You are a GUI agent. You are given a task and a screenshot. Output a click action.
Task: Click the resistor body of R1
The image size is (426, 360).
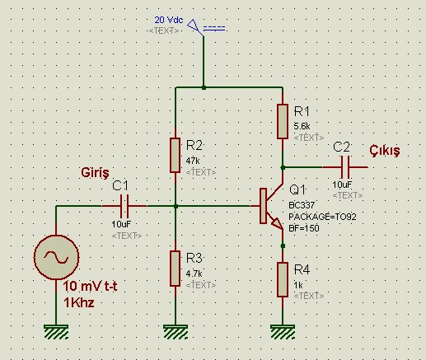click(x=283, y=121)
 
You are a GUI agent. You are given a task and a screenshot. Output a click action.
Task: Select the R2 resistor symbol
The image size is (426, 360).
click(x=176, y=155)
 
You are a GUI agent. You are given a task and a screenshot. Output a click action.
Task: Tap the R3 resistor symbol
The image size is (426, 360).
click(x=176, y=269)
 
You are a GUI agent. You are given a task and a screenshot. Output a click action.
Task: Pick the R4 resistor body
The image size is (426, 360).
click(x=283, y=279)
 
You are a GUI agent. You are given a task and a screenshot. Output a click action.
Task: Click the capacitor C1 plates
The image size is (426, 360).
click(x=124, y=206)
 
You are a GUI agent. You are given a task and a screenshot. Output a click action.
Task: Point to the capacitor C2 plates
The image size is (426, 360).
click(x=345, y=167)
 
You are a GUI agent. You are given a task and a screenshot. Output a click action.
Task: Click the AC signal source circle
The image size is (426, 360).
click(x=56, y=257)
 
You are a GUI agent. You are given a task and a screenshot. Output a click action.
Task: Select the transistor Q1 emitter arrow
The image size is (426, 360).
click(x=277, y=223)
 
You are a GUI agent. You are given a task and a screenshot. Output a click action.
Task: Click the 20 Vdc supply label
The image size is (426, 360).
click(x=169, y=20)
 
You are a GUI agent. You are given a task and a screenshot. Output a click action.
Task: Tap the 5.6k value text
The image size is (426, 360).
click(x=302, y=126)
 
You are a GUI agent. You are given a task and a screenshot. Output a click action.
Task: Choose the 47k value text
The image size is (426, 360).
click(x=193, y=161)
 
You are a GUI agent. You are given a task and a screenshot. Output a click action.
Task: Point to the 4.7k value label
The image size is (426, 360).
click(x=194, y=274)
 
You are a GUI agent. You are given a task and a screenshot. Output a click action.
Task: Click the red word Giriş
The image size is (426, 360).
click(x=95, y=173)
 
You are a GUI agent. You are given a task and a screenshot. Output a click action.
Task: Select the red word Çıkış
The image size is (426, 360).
click(x=385, y=150)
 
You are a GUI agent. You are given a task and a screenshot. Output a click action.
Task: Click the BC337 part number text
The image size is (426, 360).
click(x=302, y=205)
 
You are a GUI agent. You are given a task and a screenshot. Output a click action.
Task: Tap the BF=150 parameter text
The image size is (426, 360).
click(x=304, y=228)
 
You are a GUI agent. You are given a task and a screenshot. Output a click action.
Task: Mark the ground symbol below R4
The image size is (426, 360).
click(x=283, y=332)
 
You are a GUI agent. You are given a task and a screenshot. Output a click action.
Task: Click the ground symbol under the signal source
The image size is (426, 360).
click(x=56, y=332)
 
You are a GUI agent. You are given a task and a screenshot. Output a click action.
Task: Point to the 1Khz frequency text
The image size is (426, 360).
click(x=79, y=303)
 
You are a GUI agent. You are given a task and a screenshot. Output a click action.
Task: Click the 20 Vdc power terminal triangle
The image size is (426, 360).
click(x=194, y=26)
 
